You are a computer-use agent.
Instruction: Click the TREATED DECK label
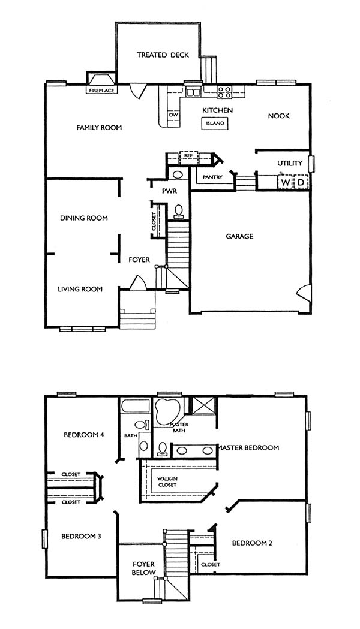click(163, 55)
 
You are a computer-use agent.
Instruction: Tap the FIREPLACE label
click(101, 91)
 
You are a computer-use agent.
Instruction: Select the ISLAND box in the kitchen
click(215, 123)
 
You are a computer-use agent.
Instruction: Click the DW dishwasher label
click(173, 115)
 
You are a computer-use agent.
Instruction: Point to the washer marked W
click(285, 182)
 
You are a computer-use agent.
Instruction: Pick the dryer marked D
click(301, 182)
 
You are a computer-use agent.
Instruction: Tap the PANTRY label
click(213, 177)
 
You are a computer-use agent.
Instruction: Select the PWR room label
click(169, 191)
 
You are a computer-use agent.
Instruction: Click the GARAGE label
click(239, 236)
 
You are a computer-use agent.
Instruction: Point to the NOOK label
click(278, 116)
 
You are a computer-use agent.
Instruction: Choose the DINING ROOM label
click(84, 218)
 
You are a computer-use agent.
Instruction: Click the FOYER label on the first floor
click(139, 260)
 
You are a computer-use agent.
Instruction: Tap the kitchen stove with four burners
click(224, 92)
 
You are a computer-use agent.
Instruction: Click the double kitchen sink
click(193, 92)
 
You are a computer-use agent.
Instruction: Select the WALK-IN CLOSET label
click(167, 481)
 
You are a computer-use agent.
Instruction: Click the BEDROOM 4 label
click(84, 435)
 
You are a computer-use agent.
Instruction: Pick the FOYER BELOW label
click(143, 568)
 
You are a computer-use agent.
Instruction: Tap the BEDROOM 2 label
click(252, 543)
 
